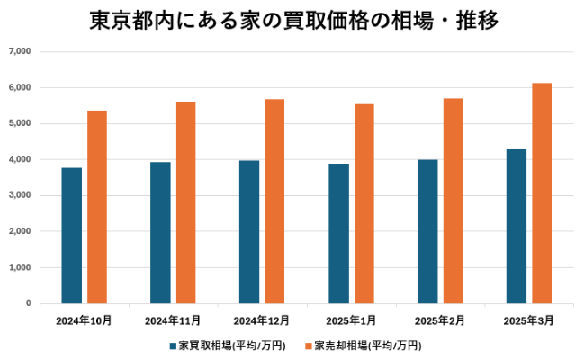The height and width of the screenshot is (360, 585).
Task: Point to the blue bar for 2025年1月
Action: point(338,234)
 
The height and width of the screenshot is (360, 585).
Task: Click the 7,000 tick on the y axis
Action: point(19,52)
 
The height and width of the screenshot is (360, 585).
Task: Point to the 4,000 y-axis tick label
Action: point(19,160)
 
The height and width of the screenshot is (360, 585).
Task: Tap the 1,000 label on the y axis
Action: point(19,268)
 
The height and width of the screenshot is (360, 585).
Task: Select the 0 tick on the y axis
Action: point(29,304)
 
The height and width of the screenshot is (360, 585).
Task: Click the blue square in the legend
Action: point(172,346)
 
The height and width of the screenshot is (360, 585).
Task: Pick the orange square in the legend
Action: point(308,346)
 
